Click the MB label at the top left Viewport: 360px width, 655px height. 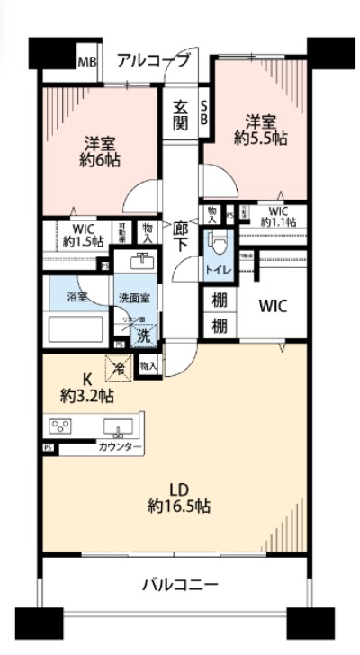tap(86, 62)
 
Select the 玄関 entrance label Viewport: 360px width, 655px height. tap(181, 114)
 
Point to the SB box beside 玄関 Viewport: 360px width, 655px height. tap(202, 112)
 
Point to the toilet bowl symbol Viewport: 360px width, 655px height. tap(216, 244)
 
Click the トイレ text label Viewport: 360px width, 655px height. tap(217, 270)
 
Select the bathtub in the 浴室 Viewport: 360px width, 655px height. tap(76, 327)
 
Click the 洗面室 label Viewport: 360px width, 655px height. tap(130, 297)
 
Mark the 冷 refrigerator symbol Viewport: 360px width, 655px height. tap(117, 367)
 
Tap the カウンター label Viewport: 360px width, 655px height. tap(120, 447)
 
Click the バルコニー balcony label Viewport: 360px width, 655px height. tap(180, 585)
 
